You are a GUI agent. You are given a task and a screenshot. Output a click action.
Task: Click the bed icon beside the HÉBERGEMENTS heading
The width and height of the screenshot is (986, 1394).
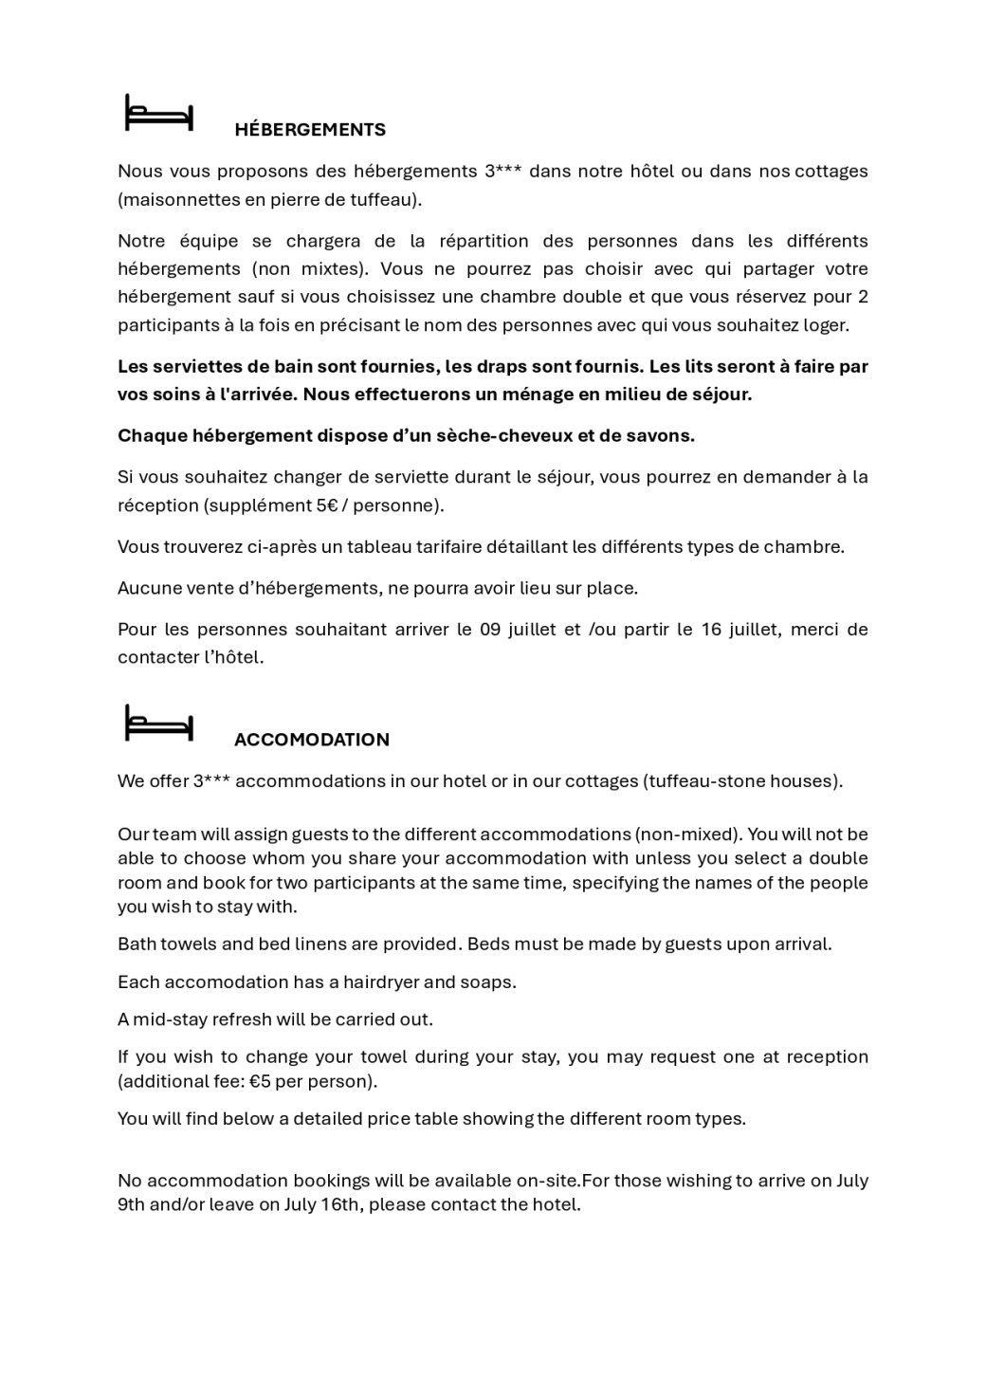(x=159, y=113)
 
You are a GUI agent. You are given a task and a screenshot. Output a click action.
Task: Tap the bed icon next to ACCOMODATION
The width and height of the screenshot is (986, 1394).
(x=159, y=723)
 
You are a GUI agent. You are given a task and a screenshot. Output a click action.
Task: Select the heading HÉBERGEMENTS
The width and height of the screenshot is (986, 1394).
(x=310, y=130)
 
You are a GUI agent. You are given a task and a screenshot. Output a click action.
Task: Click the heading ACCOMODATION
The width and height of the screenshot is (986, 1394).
(x=312, y=740)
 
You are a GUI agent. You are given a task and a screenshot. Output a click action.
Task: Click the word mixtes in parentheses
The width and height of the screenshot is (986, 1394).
(x=331, y=268)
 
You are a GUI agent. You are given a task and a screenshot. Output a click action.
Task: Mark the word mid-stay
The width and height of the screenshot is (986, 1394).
(x=169, y=1019)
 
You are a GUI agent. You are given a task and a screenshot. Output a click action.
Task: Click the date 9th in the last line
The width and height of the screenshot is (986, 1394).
(x=131, y=1205)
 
